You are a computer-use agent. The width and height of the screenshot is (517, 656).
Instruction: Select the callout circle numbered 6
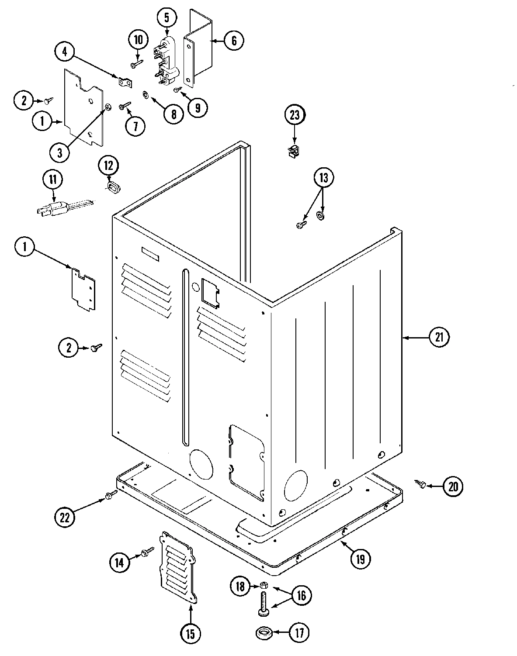pyautogui.click(x=234, y=41)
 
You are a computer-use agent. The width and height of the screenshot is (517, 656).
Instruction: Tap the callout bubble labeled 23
pyautogui.click(x=295, y=116)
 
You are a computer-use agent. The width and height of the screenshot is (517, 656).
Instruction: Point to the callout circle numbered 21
pyautogui.click(x=439, y=337)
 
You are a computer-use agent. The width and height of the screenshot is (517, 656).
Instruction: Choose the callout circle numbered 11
pyautogui.click(x=52, y=179)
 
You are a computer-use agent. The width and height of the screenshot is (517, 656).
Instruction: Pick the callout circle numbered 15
pyautogui.click(x=191, y=632)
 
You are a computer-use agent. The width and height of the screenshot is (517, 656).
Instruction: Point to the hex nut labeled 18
pyautogui.click(x=263, y=585)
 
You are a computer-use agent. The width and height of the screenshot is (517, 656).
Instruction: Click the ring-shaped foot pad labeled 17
pyautogui.click(x=263, y=632)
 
